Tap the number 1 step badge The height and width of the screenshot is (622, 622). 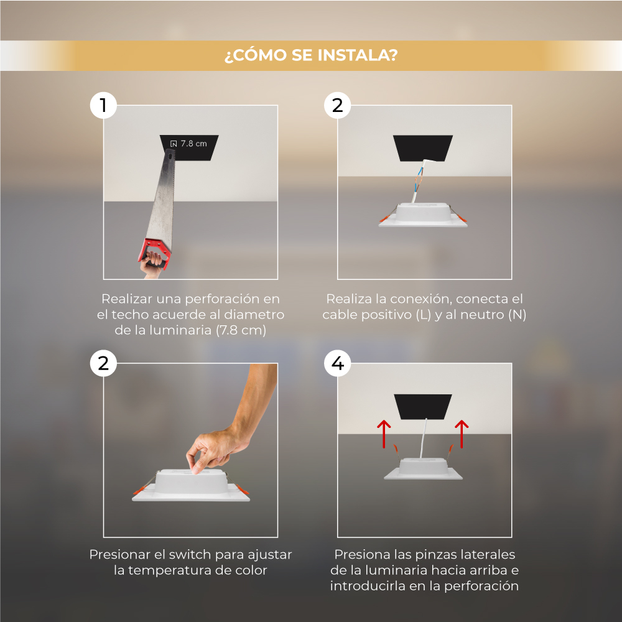[103, 106]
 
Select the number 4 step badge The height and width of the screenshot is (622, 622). [337, 363]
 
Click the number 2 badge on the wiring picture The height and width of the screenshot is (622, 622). [337, 106]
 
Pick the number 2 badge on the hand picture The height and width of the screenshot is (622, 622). [103, 363]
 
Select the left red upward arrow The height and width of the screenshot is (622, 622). [384, 434]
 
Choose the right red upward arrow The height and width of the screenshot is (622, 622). [462, 434]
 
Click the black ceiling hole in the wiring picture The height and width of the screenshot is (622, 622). [423, 149]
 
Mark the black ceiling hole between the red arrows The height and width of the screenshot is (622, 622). [423, 407]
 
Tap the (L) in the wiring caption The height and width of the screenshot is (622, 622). [423, 315]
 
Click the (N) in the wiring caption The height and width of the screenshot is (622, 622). [517, 315]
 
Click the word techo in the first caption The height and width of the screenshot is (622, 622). [130, 315]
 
